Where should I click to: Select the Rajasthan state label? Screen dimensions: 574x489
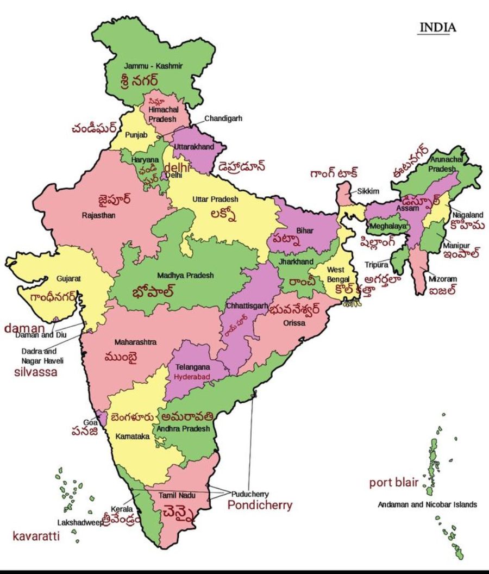(98, 215)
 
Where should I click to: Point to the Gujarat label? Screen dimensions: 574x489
(68, 278)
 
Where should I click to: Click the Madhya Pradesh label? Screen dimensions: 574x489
(185, 276)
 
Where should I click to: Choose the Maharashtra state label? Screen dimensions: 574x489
(135, 342)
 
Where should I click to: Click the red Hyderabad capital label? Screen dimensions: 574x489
(192, 376)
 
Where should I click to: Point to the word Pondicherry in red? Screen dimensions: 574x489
(260, 506)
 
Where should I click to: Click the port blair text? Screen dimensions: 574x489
(394, 483)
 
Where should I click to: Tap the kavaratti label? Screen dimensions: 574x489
(36, 537)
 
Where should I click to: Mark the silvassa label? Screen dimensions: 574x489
(35, 372)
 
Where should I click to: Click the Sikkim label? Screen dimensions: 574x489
(368, 191)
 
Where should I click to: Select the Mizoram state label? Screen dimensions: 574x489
(443, 279)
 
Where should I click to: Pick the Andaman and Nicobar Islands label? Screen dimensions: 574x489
(427, 504)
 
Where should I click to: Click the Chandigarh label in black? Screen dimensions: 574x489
(223, 118)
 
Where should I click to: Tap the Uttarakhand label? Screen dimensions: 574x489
(193, 147)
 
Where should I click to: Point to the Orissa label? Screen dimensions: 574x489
(294, 323)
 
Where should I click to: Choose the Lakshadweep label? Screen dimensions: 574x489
(80, 522)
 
